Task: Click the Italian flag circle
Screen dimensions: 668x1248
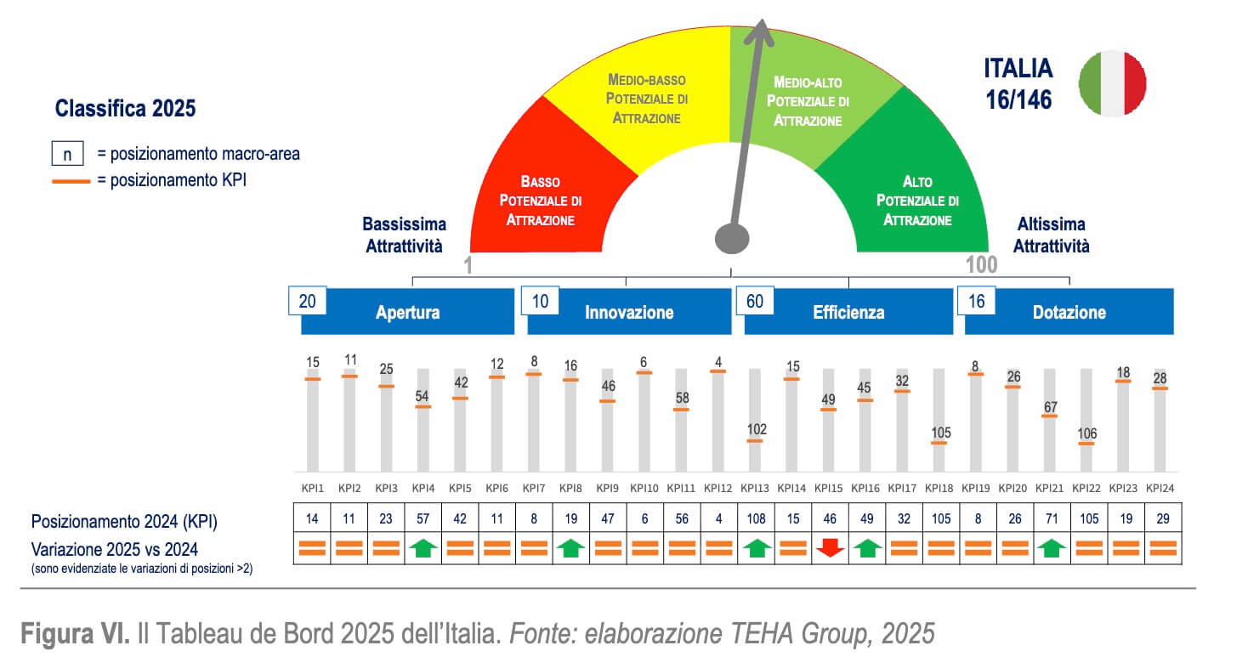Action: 1112,82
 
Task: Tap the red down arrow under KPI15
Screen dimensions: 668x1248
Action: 830,548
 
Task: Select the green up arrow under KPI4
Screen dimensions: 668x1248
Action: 423,548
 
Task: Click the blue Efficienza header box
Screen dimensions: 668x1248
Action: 848,312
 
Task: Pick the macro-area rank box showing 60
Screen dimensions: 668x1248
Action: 755,300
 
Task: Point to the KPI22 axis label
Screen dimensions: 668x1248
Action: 1086,488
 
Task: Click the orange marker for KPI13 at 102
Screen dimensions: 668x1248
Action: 756,441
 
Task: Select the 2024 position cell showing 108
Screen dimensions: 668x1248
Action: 755,519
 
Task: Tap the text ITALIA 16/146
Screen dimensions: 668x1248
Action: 1018,83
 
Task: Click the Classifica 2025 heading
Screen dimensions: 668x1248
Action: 125,109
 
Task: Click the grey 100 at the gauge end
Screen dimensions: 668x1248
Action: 981,264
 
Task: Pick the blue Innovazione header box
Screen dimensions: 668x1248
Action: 629,312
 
